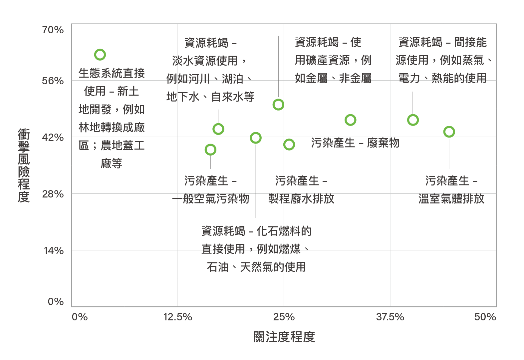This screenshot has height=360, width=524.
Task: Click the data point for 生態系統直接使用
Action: (x=100, y=55)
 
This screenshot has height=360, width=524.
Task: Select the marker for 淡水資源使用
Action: (x=218, y=129)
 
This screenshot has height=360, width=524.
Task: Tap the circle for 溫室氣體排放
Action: (x=449, y=132)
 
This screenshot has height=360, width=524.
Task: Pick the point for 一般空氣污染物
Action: (x=210, y=150)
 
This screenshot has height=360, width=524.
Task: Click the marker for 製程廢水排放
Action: (x=289, y=145)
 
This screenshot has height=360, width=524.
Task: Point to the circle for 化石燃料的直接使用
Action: (x=255, y=138)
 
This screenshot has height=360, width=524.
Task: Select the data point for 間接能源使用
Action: (x=413, y=120)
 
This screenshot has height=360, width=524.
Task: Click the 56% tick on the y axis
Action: (x=53, y=81)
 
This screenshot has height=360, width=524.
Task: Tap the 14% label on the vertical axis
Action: (x=54, y=251)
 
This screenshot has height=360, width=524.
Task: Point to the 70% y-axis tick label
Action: (x=53, y=30)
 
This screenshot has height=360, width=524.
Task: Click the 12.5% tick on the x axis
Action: (x=177, y=317)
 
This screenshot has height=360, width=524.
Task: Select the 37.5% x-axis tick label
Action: (x=390, y=317)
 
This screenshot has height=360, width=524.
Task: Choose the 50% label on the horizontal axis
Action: (x=485, y=317)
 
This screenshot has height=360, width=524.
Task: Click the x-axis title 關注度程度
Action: (x=284, y=337)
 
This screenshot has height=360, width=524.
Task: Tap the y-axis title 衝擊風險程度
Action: (x=24, y=165)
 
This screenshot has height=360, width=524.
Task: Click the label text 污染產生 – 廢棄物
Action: (x=355, y=143)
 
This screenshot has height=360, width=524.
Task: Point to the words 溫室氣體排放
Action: (x=451, y=199)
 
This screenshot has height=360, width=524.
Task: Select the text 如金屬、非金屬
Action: (x=333, y=78)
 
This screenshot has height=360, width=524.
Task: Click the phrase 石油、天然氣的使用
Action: (x=256, y=267)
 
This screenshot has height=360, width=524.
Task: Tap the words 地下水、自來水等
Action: (x=210, y=97)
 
